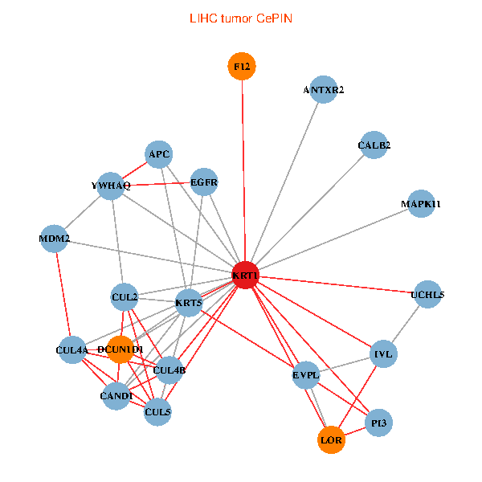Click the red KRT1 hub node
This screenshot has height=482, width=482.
pos(245,276)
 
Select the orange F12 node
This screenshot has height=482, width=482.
pos(242,67)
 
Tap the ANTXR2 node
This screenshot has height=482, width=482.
pos(324,90)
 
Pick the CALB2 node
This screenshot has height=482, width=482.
pos(374,145)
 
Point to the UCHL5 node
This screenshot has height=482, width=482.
pos(427,295)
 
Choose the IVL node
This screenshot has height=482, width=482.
pos(383,353)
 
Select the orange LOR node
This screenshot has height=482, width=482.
pos(331,440)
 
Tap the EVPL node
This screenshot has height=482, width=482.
pos(306,374)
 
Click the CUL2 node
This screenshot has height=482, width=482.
pos(125,298)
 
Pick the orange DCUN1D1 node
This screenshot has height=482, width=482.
pos(120,349)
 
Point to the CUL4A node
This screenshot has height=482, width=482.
pos(71,349)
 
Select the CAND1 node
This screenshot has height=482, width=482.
pos(116,396)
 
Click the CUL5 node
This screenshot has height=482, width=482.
pos(157,412)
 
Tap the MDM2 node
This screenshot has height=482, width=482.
pos(55,239)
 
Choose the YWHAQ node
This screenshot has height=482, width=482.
pos(111,186)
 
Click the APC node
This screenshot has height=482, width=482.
pos(159,154)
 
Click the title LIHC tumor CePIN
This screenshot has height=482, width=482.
pos(240,18)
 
